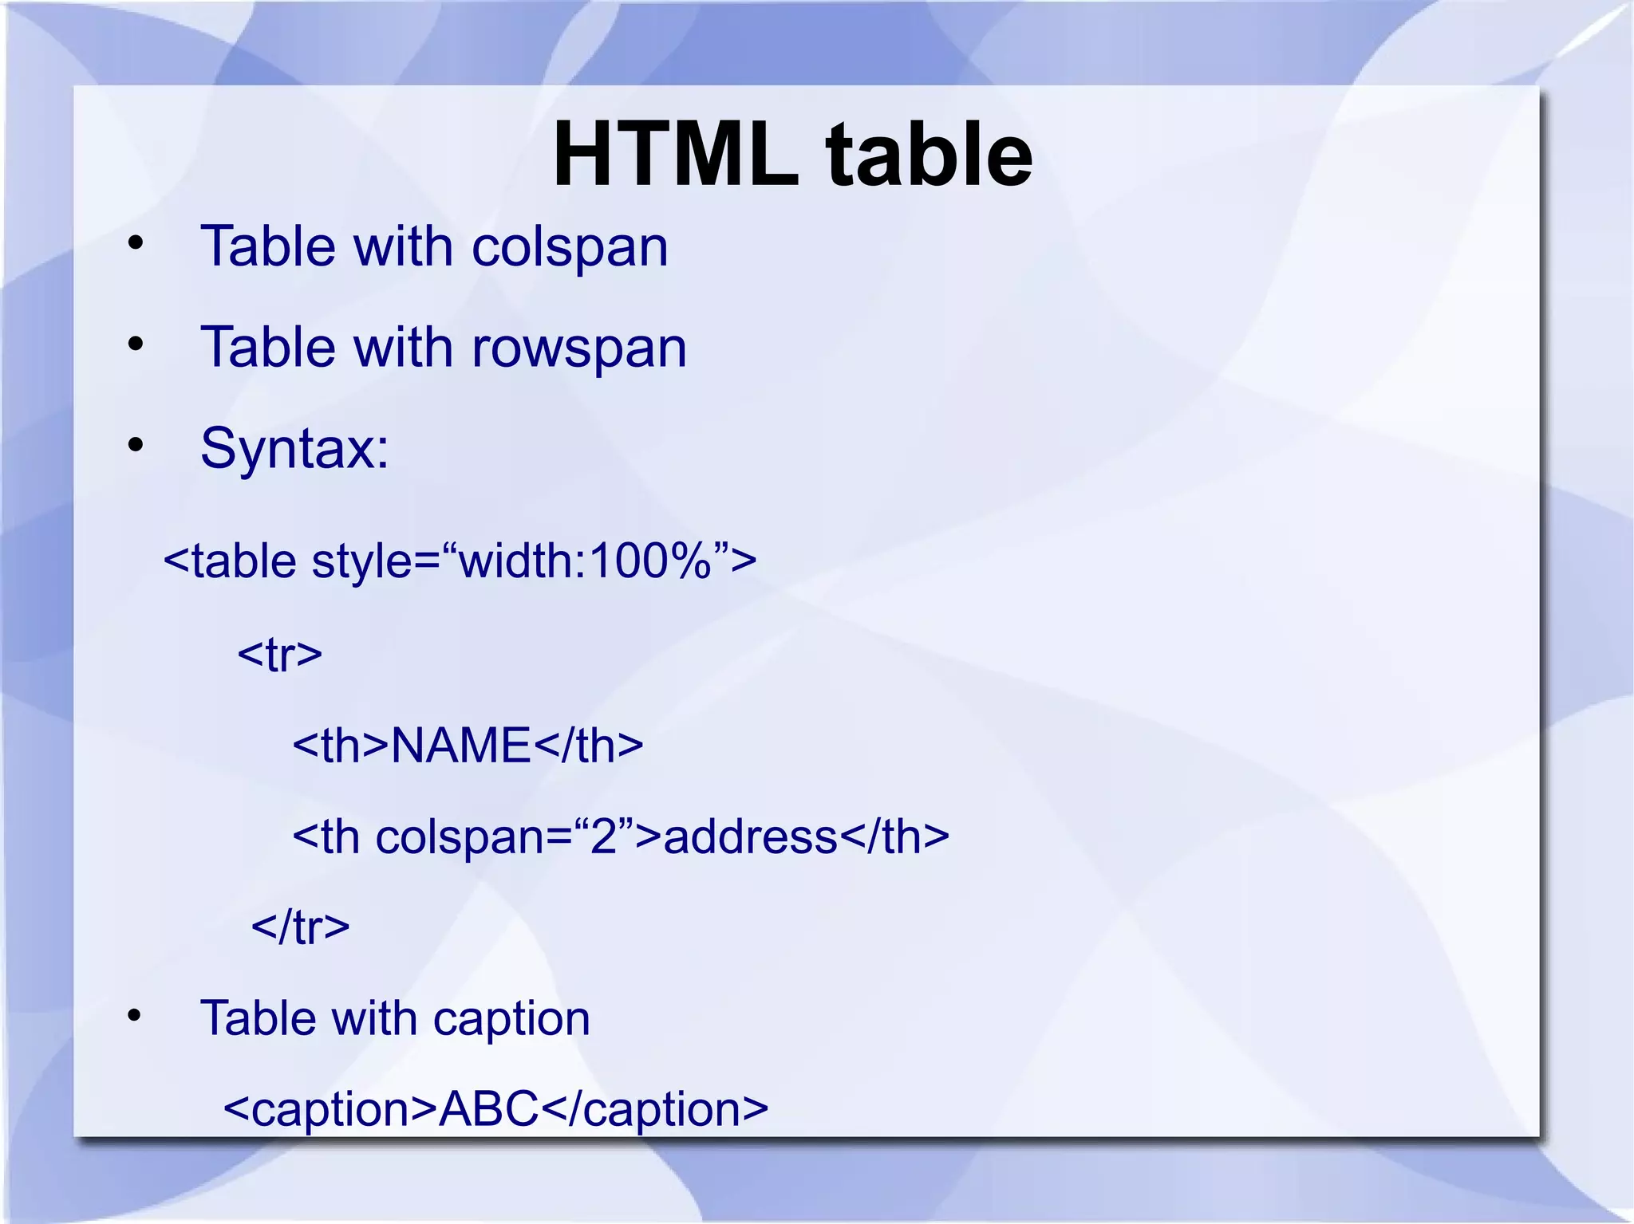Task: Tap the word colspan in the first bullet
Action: click(x=570, y=247)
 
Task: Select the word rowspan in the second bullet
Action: click(x=579, y=348)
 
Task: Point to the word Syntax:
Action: click(x=294, y=448)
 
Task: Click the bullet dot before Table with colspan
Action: click(x=136, y=243)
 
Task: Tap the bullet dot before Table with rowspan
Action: click(x=136, y=344)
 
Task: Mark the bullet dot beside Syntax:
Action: click(x=136, y=445)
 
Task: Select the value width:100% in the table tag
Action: click(x=585, y=561)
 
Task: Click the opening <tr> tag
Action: click(x=280, y=655)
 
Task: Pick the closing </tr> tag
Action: click(x=301, y=927)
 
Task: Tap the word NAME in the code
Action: click(x=461, y=746)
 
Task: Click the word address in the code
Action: click(x=751, y=836)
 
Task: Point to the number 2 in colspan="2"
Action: click(x=604, y=836)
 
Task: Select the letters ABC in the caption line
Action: click(x=488, y=1108)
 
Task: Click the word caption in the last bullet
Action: click(x=511, y=1019)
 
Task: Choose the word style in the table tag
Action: click(x=362, y=561)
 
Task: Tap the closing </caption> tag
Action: click(x=655, y=1108)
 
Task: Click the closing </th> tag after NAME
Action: click(x=588, y=746)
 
